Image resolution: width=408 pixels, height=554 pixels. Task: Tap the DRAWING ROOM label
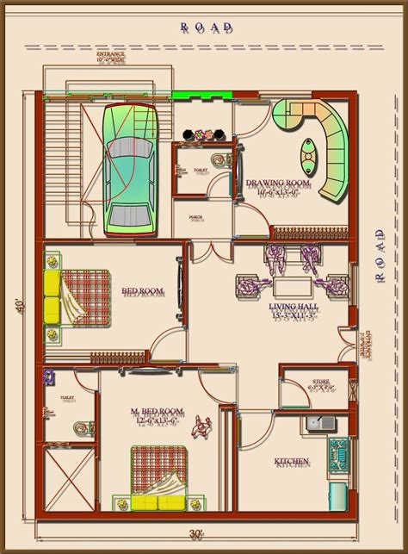[x=277, y=184]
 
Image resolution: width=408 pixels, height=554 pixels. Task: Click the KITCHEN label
[x=292, y=463]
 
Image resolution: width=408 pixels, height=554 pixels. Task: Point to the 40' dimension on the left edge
[x=17, y=306]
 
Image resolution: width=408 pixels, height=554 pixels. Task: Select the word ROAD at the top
[x=205, y=28]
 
